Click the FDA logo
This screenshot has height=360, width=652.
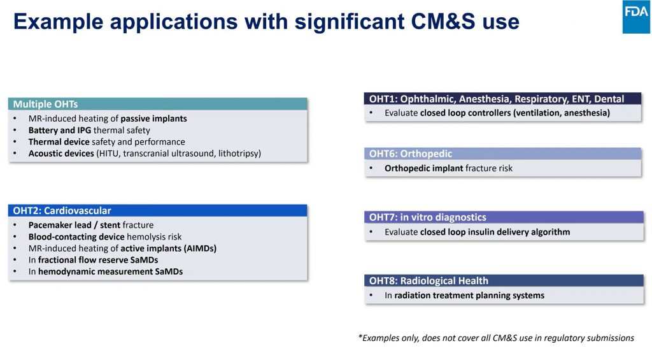[x=637, y=17]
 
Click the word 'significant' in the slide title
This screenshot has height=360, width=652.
[x=350, y=22]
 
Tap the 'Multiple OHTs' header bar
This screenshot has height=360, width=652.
[x=158, y=104]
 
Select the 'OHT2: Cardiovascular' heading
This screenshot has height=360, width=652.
[x=62, y=211]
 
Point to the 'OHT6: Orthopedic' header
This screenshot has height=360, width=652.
[x=411, y=154]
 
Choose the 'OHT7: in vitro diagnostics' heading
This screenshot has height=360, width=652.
[x=427, y=217]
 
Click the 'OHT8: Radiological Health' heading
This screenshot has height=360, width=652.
[x=429, y=281]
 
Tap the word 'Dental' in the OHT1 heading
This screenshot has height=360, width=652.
[x=609, y=99]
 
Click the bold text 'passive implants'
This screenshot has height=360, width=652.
[x=154, y=119]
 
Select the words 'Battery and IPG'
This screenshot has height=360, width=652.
[x=59, y=130]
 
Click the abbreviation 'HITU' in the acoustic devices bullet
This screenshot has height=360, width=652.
[x=108, y=154]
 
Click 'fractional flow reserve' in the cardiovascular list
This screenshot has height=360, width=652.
[x=83, y=260]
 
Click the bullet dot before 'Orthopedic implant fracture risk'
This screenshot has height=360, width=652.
[x=371, y=169]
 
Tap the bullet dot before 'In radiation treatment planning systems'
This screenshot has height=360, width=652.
[x=371, y=296]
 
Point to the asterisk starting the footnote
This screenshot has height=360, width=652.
[x=360, y=336]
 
